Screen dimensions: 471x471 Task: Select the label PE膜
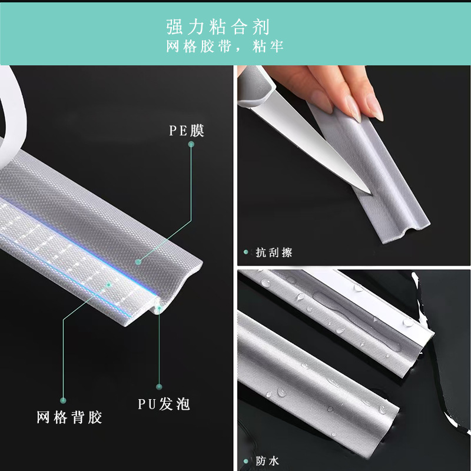pos(187,130)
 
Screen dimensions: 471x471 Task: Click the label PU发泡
pos(164,404)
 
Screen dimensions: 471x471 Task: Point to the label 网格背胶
pos(69,417)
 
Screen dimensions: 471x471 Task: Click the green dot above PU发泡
pos(159,387)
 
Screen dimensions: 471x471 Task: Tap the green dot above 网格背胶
pos(63,400)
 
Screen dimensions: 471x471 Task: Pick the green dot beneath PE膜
pos(191,144)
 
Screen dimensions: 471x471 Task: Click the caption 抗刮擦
pos(274,253)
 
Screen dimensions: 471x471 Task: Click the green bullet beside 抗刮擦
pos(246,252)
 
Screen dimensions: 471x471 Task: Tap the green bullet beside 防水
pos(246,462)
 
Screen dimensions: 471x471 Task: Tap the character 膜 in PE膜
pos(197,130)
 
